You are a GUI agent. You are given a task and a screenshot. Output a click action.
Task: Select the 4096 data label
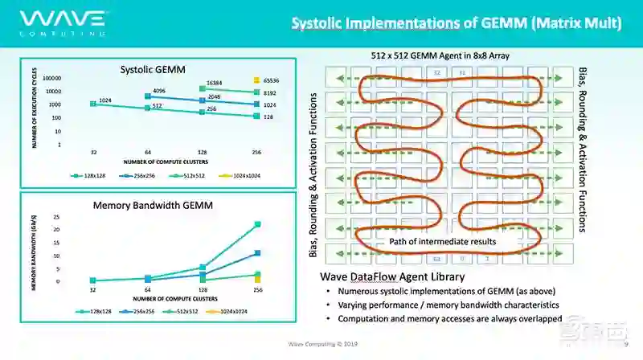(158, 90)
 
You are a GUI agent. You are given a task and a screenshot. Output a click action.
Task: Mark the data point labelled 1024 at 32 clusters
(93, 104)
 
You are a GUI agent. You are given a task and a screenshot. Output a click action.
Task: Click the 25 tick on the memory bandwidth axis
(56, 217)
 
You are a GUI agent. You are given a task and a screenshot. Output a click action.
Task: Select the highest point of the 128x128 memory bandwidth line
(257, 224)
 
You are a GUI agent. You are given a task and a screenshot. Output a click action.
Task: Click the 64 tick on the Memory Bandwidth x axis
(148, 290)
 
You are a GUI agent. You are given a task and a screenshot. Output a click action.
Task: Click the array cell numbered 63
(436, 259)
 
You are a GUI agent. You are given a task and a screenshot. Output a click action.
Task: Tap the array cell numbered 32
(436, 72)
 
